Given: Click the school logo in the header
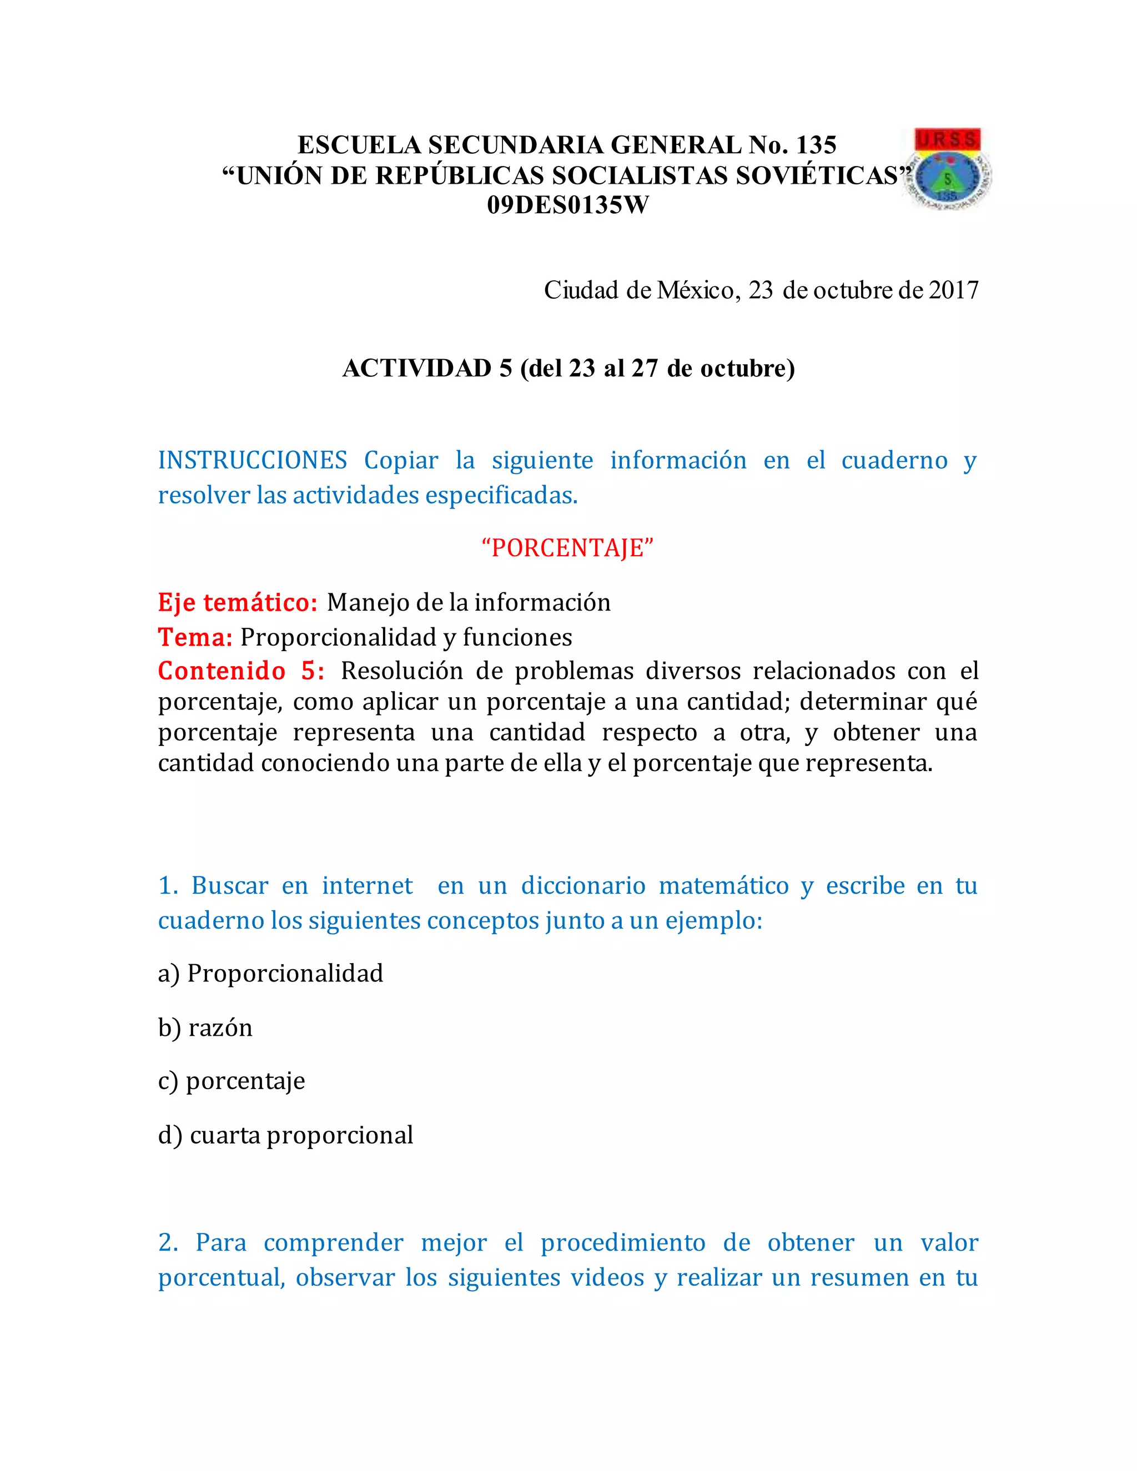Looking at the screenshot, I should [x=950, y=168].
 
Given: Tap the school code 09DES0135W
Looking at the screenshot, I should [x=568, y=205].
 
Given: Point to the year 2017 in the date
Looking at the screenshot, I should [x=953, y=290].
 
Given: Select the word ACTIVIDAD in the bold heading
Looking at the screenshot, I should [x=417, y=369].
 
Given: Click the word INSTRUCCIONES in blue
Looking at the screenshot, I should [x=253, y=461].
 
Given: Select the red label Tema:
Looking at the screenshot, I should [x=195, y=637].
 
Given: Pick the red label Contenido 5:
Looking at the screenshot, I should [x=241, y=671].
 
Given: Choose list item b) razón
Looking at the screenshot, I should [x=205, y=1028].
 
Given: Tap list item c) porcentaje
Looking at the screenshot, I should [x=232, y=1081].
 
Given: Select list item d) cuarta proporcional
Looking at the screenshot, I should [x=285, y=1135].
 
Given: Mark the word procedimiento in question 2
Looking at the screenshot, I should [x=623, y=1243].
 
